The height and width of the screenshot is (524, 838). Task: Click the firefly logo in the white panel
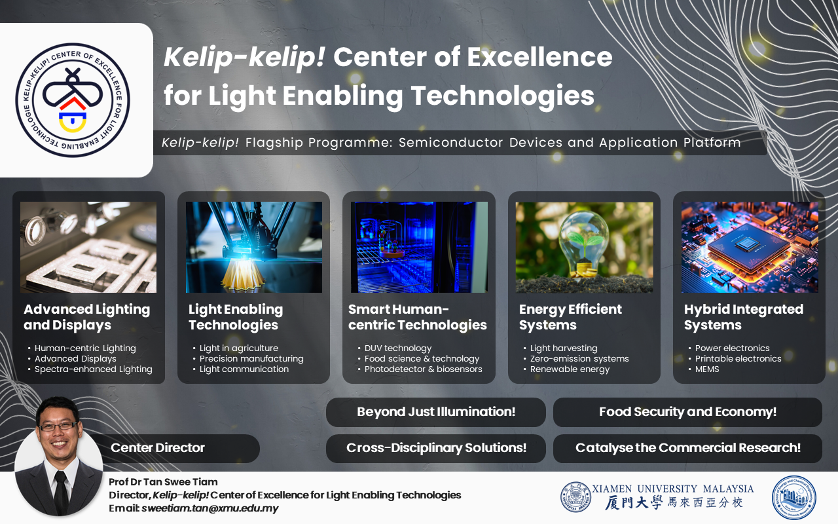73,100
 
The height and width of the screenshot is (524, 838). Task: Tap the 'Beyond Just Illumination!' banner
436,412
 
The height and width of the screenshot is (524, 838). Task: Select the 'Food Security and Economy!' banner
687,412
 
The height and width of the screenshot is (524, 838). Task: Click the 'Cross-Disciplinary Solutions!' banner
436,448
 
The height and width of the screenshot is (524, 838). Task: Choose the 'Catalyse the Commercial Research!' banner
687,448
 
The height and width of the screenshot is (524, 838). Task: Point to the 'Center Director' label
158,447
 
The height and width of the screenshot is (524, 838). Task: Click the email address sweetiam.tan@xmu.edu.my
210,508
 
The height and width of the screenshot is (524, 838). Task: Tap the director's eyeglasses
58,426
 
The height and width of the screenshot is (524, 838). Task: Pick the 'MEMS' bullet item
706,369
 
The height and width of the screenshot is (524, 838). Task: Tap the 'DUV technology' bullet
397,348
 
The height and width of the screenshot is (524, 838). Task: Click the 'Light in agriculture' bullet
239,348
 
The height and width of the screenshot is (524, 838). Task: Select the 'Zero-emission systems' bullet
579,358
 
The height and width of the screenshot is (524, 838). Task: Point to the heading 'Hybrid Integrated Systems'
743,317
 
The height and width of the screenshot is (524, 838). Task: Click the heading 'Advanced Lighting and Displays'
87,317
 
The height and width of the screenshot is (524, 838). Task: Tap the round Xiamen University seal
575,496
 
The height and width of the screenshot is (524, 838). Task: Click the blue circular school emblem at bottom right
794,498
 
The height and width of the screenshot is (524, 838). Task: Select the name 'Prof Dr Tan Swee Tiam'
163,482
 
